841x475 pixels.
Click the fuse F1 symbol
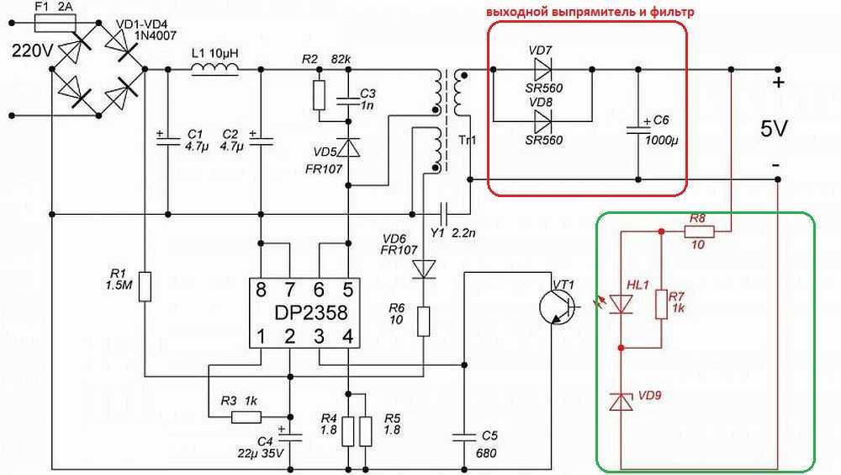click(x=56, y=23)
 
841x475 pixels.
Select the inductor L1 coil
click(x=215, y=67)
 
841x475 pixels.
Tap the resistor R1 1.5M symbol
click(x=145, y=286)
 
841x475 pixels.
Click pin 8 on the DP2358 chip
click(x=261, y=291)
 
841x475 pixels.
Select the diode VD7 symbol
click(x=542, y=70)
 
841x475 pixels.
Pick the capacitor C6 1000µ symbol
click(x=638, y=130)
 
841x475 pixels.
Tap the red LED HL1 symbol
click(x=621, y=304)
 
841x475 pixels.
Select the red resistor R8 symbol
click(x=700, y=232)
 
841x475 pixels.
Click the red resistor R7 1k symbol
click(x=661, y=305)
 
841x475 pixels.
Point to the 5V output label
click(x=774, y=129)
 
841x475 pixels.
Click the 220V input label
click(x=33, y=51)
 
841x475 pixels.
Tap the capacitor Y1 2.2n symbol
click(x=443, y=215)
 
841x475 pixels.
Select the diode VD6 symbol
click(x=423, y=270)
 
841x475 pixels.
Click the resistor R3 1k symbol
click(x=246, y=417)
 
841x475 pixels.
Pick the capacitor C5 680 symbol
click(x=464, y=437)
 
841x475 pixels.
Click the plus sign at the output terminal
click(x=778, y=83)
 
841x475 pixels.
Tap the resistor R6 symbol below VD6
click(x=423, y=322)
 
